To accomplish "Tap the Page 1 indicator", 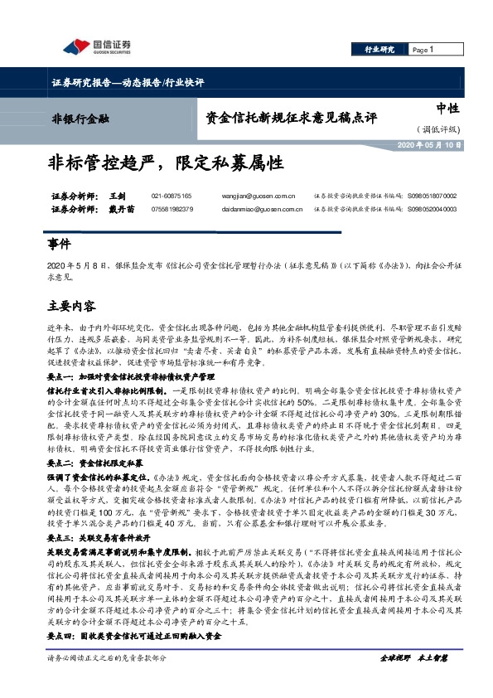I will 423,50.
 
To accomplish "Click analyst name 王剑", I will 116,196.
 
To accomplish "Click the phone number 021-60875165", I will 172,196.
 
